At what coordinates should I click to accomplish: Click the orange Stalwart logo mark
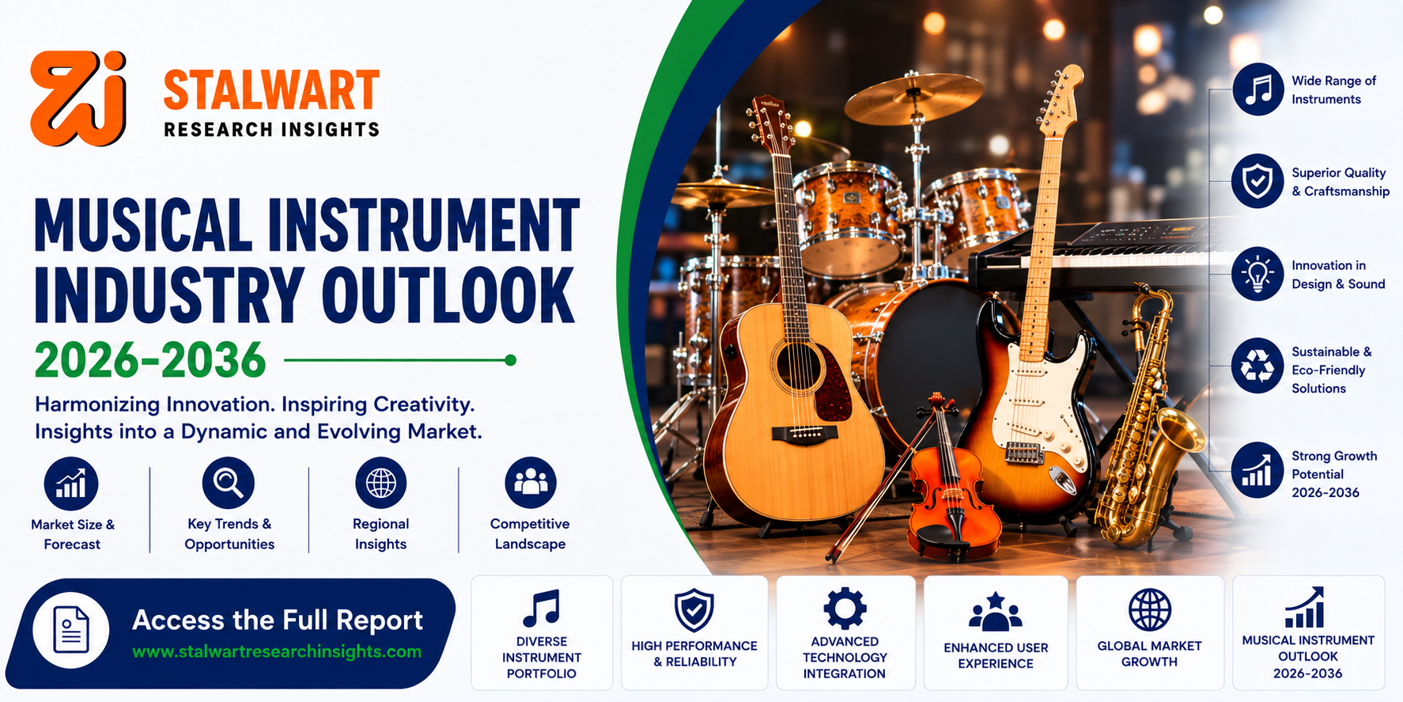(x=78, y=98)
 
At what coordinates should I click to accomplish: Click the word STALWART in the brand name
(x=271, y=90)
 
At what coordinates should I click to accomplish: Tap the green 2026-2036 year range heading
(x=150, y=360)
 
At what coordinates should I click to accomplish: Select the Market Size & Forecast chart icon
(x=71, y=484)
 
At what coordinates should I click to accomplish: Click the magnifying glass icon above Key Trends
(x=229, y=483)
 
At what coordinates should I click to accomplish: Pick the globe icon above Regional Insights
(x=380, y=483)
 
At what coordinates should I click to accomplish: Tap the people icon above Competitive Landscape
(x=531, y=483)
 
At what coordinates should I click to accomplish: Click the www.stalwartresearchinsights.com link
(x=277, y=652)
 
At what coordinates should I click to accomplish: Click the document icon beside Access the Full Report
(x=71, y=631)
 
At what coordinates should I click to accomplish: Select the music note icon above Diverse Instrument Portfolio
(x=542, y=608)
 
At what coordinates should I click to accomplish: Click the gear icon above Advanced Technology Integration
(x=845, y=609)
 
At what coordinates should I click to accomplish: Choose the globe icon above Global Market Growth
(x=1149, y=610)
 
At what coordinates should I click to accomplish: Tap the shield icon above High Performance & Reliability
(x=694, y=610)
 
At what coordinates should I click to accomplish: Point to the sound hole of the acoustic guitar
(x=799, y=366)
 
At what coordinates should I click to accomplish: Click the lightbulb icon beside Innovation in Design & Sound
(x=1257, y=274)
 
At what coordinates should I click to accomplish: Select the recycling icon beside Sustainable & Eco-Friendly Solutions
(x=1257, y=366)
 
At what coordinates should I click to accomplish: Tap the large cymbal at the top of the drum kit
(x=913, y=97)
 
